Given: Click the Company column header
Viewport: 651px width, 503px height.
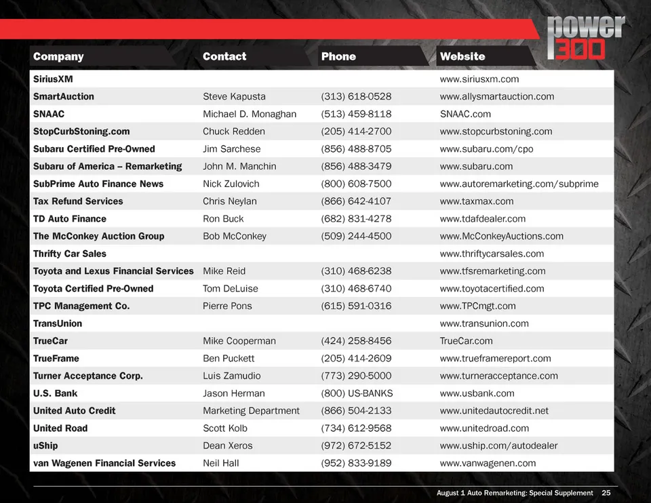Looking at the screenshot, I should pyautogui.click(x=58, y=56).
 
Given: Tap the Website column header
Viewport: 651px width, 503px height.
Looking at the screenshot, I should pyautogui.click(x=462, y=56).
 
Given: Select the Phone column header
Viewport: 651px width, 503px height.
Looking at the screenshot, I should pyautogui.click(x=338, y=56).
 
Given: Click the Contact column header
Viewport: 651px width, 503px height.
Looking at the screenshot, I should pyautogui.click(x=224, y=56).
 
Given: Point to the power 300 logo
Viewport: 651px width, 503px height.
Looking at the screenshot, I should pyautogui.click(x=586, y=38).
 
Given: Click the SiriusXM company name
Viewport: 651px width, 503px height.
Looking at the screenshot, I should pyautogui.click(x=53, y=79).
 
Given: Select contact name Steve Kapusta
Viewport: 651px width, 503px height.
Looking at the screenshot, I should pyautogui.click(x=234, y=96).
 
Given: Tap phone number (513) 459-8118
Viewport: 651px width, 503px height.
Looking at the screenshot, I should pyautogui.click(x=356, y=114).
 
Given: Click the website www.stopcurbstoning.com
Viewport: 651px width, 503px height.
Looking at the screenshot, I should pyautogui.click(x=496, y=132).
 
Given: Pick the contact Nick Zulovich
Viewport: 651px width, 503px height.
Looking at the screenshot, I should pyautogui.click(x=231, y=184).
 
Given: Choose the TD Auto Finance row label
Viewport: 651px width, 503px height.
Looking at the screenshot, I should pyautogui.click(x=70, y=219).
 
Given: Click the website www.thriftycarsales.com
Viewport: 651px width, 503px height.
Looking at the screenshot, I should pyautogui.click(x=492, y=254).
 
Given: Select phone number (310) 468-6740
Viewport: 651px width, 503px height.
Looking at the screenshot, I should pyautogui.click(x=356, y=289).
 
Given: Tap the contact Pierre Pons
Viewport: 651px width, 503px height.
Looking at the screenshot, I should pyautogui.click(x=227, y=306).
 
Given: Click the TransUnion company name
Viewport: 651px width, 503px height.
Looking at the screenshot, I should pyautogui.click(x=58, y=323).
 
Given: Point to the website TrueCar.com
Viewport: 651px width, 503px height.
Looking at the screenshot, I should pyautogui.click(x=466, y=341).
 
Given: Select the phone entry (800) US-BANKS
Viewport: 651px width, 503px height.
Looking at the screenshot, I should pyautogui.click(x=357, y=393).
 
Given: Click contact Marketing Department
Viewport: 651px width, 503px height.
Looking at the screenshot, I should pyautogui.click(x=251, y=411).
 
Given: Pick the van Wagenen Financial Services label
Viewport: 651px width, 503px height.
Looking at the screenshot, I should pyautogui.click(x=104, y=463).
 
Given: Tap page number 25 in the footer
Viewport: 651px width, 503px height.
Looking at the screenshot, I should pyautogui.click(x=606, y=493).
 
